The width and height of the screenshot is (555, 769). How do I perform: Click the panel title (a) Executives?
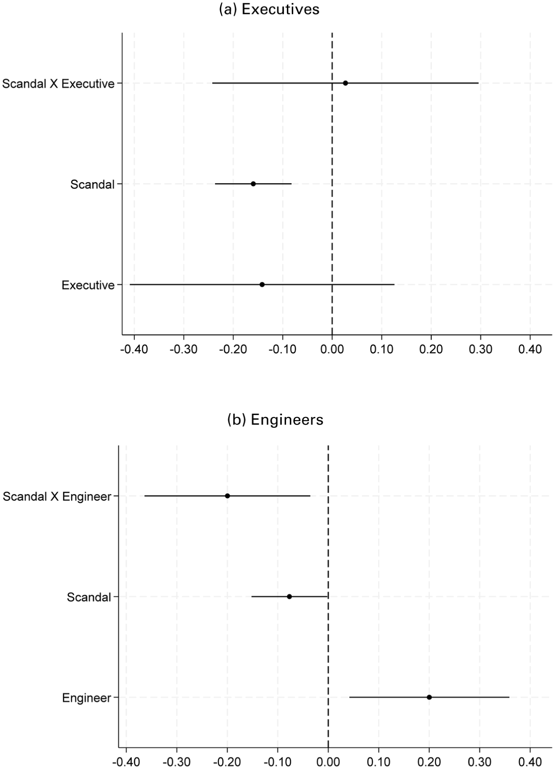coord(269,9)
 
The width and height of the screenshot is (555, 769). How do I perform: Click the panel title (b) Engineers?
coord(275,419)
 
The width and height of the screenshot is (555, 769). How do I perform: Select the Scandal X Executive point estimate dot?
coord(345,83)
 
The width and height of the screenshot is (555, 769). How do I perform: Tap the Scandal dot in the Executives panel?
coord(253,184)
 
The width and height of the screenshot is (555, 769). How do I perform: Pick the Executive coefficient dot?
coord(262,284)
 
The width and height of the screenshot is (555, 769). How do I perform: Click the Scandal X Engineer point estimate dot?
coord(227,496)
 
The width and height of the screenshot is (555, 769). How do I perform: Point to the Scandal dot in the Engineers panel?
coord(289,596)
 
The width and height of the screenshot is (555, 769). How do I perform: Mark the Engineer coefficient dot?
coord(429,697)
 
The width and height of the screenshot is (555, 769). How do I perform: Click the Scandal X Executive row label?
coord(58,84)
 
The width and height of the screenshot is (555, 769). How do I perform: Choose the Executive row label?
coord(88,285)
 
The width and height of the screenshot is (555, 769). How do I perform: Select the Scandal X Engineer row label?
coord(57,496)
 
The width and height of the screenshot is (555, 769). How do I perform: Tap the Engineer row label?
coord(86,698)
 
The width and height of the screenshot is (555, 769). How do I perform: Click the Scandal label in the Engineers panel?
coord(89,597)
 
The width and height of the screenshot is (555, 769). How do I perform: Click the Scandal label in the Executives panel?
coord(92,185)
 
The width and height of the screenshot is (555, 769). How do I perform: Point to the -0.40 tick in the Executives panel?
coord(134,349)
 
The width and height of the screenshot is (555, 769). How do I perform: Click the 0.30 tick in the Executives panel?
coord(480,349)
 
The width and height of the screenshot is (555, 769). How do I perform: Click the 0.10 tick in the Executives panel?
coord(381,349)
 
